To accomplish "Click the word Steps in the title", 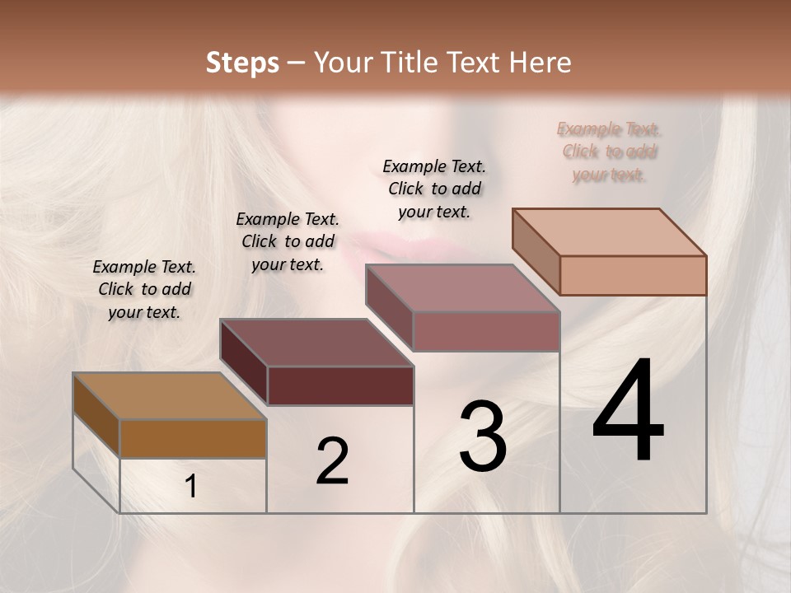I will point(242,63).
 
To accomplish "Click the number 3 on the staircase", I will point(483,437).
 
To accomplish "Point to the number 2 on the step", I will point(332,461).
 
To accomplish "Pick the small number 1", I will point(191,487).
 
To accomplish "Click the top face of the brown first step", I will point(170,396).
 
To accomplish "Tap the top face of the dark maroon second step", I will point(316,343).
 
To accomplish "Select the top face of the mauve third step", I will point(463,288).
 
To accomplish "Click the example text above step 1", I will point(144,289).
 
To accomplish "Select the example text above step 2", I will point(288,241).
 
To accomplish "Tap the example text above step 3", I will point(434,189).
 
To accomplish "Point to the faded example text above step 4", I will point(609,152).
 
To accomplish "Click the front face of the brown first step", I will point(193,438).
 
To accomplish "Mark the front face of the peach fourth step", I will point(633,275).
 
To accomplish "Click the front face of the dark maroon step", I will point(339,385).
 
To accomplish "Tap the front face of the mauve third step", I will point(486,331).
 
